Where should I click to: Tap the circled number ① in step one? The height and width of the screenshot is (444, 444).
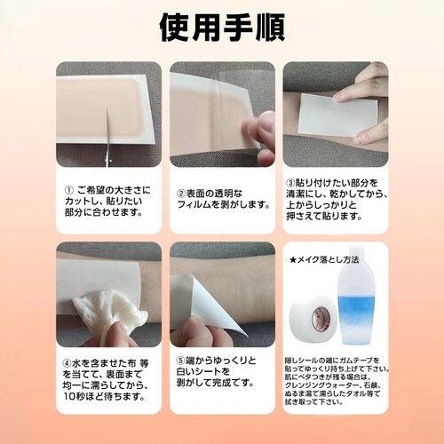69,190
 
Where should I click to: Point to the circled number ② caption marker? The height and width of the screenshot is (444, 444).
180,192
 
